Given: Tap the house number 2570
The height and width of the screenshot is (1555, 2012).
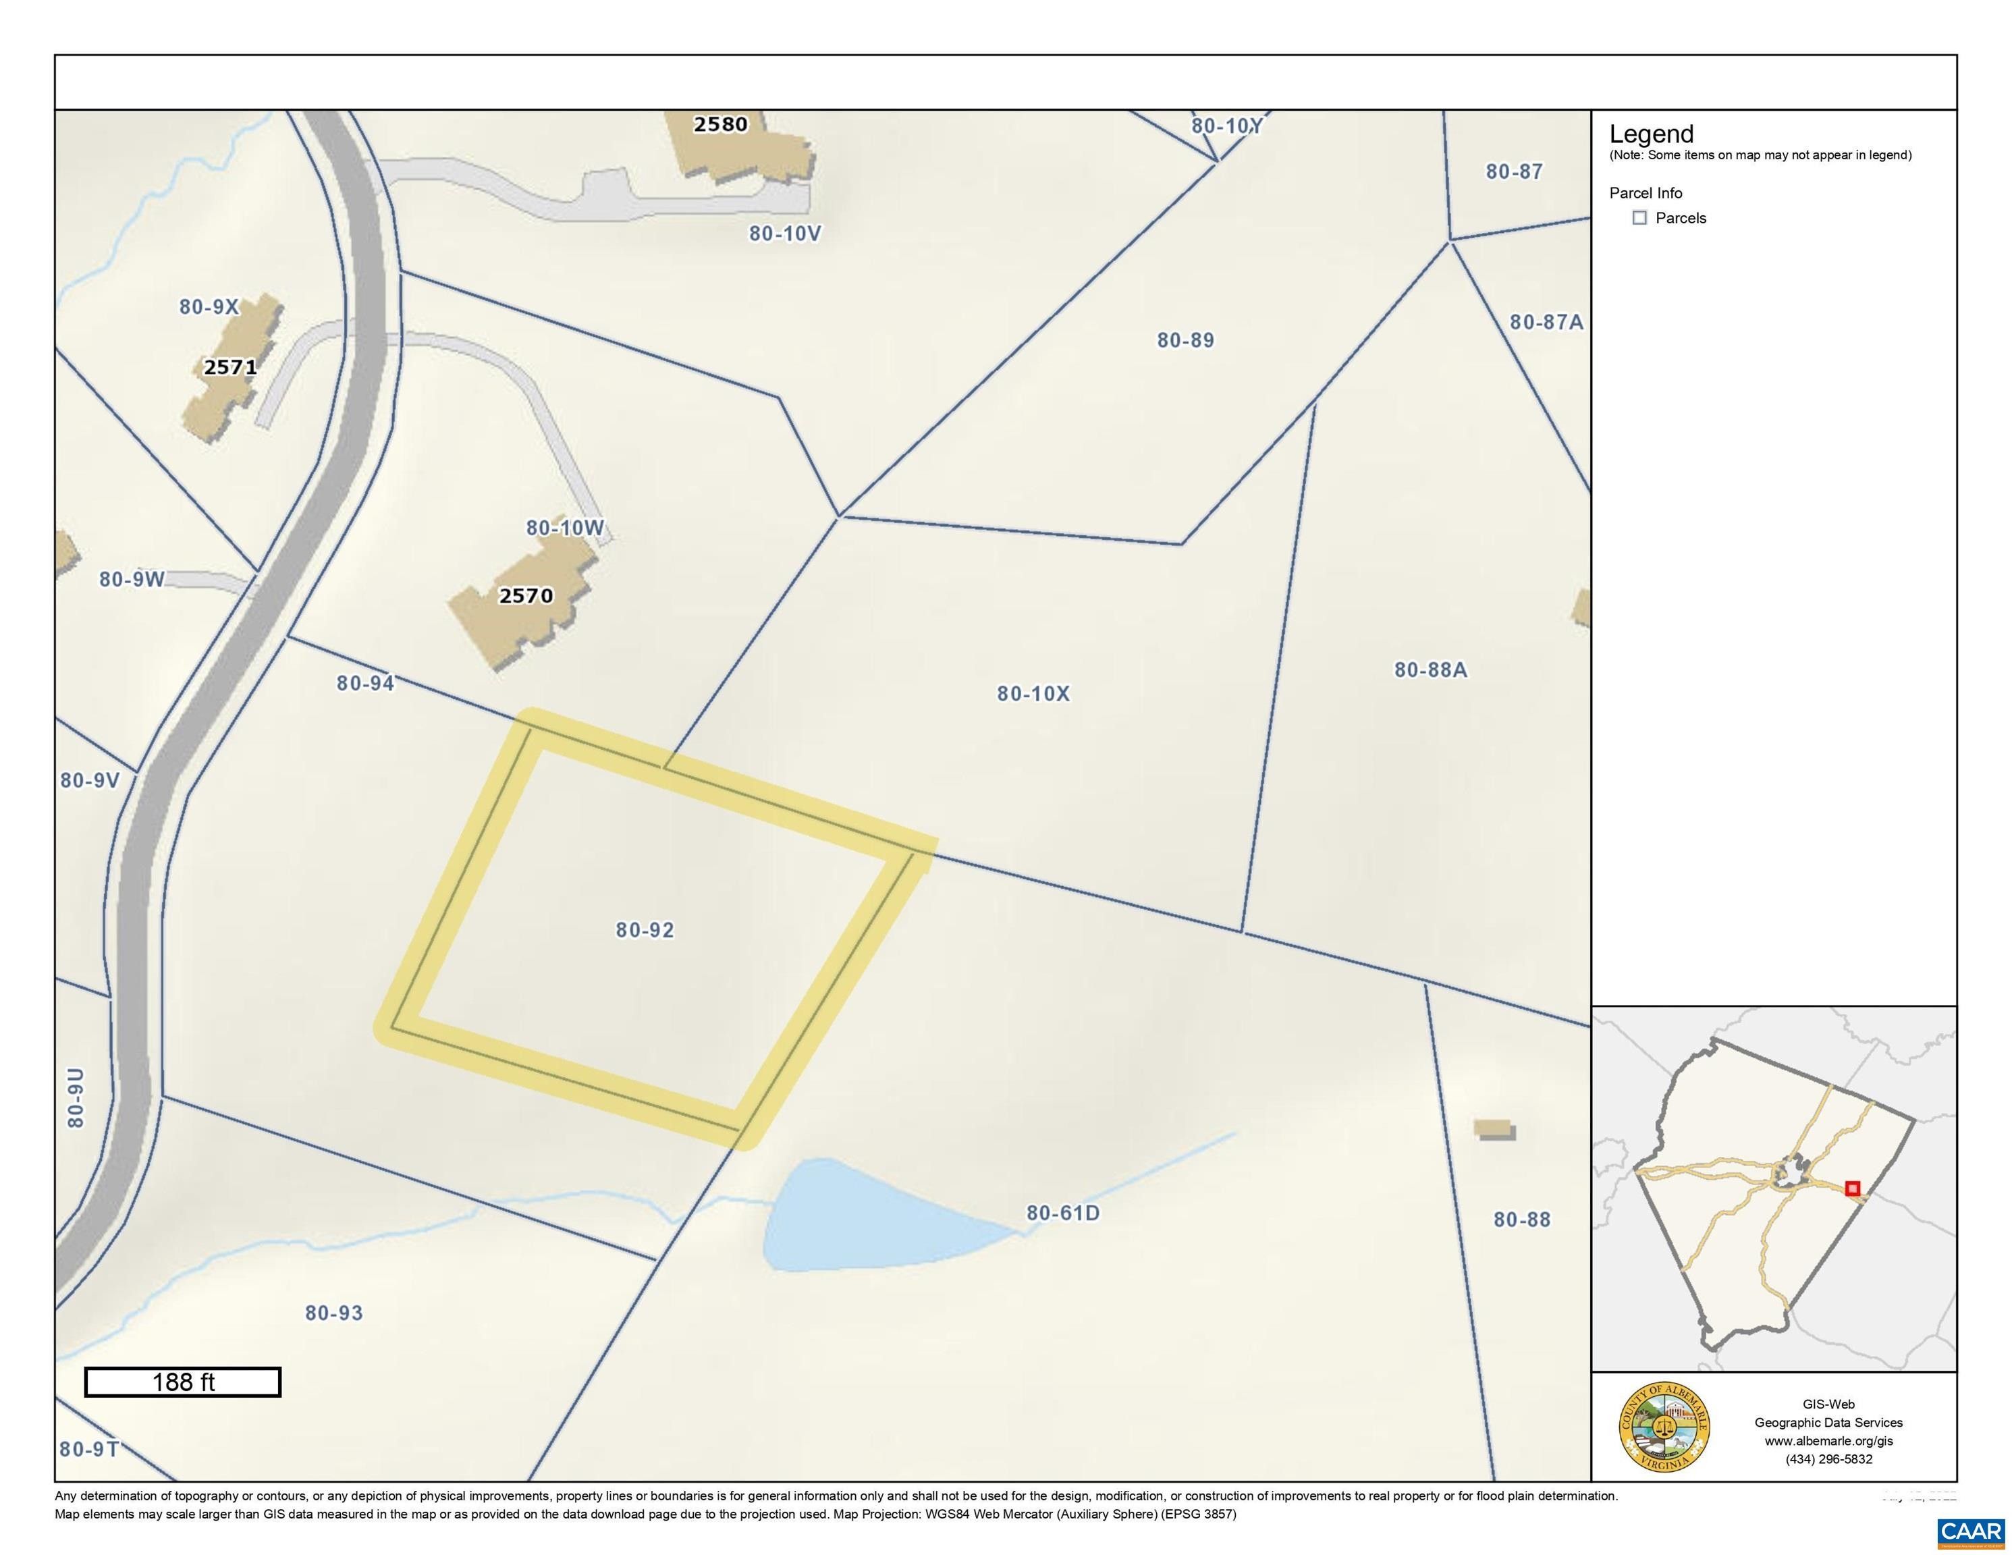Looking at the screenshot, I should pos(526,596).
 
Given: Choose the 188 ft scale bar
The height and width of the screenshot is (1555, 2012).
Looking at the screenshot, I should pos(182,1382).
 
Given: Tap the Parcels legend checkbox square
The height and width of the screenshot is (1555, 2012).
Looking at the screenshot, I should pos(1639,218).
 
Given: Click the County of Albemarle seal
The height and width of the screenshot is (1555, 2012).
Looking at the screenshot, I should pos(1664,1427).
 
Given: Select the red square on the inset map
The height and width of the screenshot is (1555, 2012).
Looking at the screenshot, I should pos(1853,1189).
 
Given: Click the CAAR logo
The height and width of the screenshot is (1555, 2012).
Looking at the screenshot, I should pos(1971,1531).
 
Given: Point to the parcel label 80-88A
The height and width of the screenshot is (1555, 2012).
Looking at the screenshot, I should pos(1430,670).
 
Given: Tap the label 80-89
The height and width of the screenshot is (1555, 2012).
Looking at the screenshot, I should pos(1185,340).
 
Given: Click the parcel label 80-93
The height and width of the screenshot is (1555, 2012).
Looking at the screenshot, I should pos(333,1313).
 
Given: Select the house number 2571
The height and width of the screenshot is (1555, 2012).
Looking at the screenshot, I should pos(230,366).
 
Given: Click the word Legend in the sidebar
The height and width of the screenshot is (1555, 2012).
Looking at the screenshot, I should pos(1651,134).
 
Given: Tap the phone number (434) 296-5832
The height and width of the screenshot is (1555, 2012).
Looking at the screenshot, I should pos(1828,1459).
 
